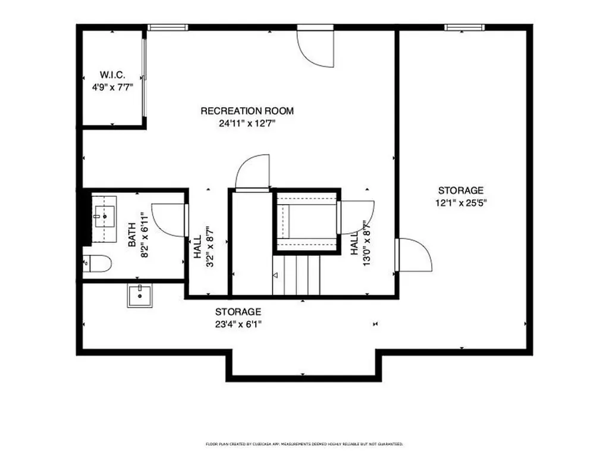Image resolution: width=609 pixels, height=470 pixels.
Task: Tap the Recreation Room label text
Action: [x=247, y=111]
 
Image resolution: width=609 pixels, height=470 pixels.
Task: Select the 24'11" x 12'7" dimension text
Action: [x=247, y=124]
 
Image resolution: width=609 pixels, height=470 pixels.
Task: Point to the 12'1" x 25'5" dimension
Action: [x=461, y=202]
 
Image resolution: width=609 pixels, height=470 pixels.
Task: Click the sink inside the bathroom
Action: [x=105, y=217]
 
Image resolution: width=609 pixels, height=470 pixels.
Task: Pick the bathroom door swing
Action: [x=169, y=220]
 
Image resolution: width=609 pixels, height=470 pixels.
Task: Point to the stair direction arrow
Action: [x=275, y=275]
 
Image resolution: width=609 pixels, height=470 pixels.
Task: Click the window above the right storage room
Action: [x=464, y=27]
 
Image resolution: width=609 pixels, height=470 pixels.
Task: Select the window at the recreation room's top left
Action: [x=168, y=27]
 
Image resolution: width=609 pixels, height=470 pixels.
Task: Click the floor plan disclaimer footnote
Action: [x=304, y=444]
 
